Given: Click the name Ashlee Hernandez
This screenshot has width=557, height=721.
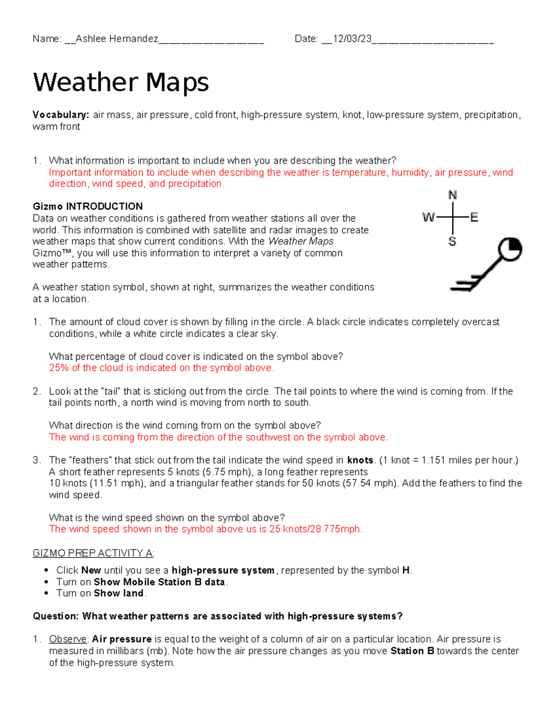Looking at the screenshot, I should pyautogui.click(x=117, y=39).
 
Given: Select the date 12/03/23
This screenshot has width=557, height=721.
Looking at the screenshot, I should pyautogui.click(x=352, y=39).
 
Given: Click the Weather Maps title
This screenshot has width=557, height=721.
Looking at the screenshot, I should pyautogui.click(x=121, y=83).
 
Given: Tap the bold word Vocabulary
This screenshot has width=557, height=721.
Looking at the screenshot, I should pyautogui.click(x=60, y=115).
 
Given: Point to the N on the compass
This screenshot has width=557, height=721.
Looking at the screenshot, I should pyautogui.click(x=453, y=195).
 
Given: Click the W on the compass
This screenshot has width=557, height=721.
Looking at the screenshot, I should pyautogui.click(x=428, y=217).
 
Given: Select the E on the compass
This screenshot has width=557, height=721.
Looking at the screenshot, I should pyautogui.click(x=474, y=217).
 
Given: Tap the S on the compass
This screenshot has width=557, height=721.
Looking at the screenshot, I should pyautogui.click(x=452, y=241).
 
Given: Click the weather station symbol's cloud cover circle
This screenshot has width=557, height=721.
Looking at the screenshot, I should pyautogui.click(x=510, y=249).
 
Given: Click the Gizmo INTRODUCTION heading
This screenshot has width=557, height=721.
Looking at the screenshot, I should pyautogui.click(x=88, y=207).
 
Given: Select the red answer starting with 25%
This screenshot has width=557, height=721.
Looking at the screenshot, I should pyautogui.click(x=162, y=368).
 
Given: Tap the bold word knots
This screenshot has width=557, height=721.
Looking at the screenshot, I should pyautogui.click(x=360, y=461).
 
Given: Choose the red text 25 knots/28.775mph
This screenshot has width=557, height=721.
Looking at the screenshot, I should pyautogui.click(x=316, y=529).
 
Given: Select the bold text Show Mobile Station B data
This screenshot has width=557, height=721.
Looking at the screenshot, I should pyautogui.click(x=159, y=582).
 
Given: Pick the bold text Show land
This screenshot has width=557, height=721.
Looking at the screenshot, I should pyautogui.click(x=119, y=593).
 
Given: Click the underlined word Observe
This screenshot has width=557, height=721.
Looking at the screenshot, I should pyautogui.click(x=68, y=639).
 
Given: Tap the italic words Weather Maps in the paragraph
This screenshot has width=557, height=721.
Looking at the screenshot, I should pyautogui.click(x=301, y=241).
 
